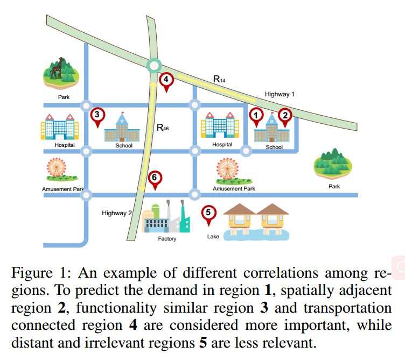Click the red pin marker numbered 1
(x=256, y=117)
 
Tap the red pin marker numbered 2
(x=285, y=117)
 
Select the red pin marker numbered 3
(x=97, y=117)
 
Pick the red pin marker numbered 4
(x=166, y=81)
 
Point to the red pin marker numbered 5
(x=208, y=215)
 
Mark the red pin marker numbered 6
(x=155, y=180)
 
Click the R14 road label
(x=219, y=79)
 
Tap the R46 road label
(x=163, y=127)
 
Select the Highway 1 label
(x=280, y=94)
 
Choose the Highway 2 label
(x=117, y=213)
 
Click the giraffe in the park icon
(x=57, y=68)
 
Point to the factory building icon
(x=166, y=216)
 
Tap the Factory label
(x=167, y=239)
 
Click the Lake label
(x=213, y=236)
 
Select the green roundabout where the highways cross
(x=154, y=66)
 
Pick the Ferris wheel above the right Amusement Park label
(x=227, y=169)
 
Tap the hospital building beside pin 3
(x=60, y=127)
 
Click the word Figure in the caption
(x=32, y=273)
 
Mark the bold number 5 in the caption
(x=203, y=343)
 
